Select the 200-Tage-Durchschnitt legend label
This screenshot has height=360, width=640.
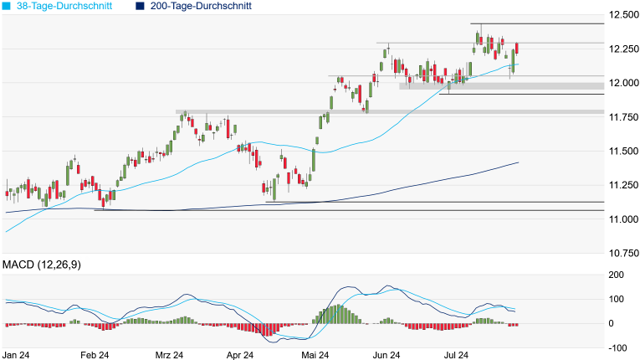point(199,6)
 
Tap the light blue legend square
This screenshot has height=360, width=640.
point(7,6)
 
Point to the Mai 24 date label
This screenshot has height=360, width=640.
point(314,355)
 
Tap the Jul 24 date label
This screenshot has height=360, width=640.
point(456,355)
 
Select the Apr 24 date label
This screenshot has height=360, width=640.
point(241,355)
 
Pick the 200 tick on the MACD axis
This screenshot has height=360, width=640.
point(617,275)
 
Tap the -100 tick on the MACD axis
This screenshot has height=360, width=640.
point(617,347)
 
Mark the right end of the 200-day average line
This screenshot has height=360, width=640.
point(519,162)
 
